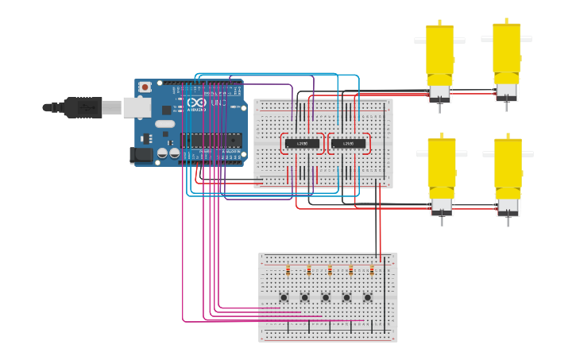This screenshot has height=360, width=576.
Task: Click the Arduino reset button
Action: point(145,87)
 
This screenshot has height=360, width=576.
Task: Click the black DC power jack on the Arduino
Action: point(142,156)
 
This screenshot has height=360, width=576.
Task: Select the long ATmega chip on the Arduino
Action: point(210,141)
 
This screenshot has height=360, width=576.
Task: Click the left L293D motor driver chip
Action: point(302,144)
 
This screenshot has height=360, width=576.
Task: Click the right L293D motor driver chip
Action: point(349,144)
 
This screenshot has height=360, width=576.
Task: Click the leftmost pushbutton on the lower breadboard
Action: point(284,298)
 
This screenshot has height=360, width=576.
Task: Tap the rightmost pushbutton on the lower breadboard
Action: point(367,298)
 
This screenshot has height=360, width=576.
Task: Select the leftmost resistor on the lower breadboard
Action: point(288,270)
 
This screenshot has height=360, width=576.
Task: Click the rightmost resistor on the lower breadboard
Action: point(371,270)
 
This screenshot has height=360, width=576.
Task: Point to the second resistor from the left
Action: point(308,270)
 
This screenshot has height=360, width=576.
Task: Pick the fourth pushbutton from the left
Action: point(346,298)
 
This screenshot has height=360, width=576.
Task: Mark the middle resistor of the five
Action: point(330,270)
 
